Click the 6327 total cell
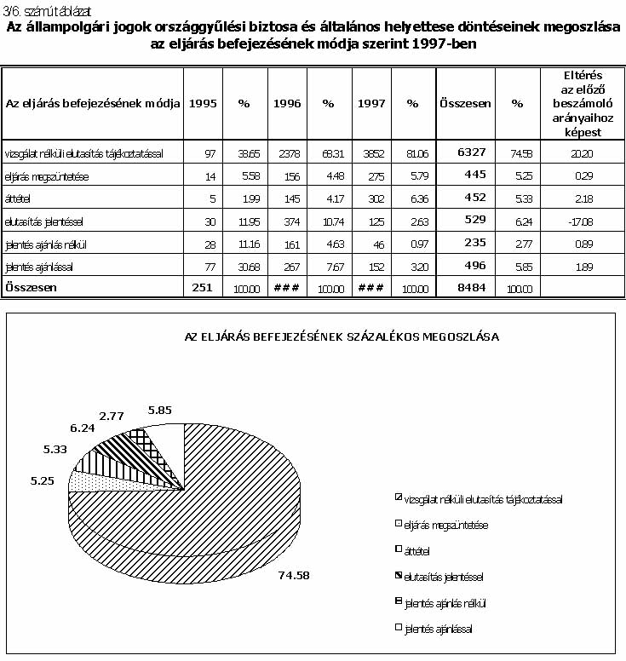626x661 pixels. coord(471,152)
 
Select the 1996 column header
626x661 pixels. coord(287,103)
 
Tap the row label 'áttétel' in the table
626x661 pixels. coord(18,198)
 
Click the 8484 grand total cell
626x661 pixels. coord(471,288)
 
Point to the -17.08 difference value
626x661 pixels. coord(578,221)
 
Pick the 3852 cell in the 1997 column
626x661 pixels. coord(370,152)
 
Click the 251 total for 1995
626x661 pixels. coord(203,288)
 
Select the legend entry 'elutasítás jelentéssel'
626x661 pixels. coord(444,577)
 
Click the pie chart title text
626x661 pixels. coord(342,336)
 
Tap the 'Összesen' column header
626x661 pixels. coord(465,103)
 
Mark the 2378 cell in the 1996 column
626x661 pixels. coord(287,152)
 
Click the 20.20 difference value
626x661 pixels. coord(578,152)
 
